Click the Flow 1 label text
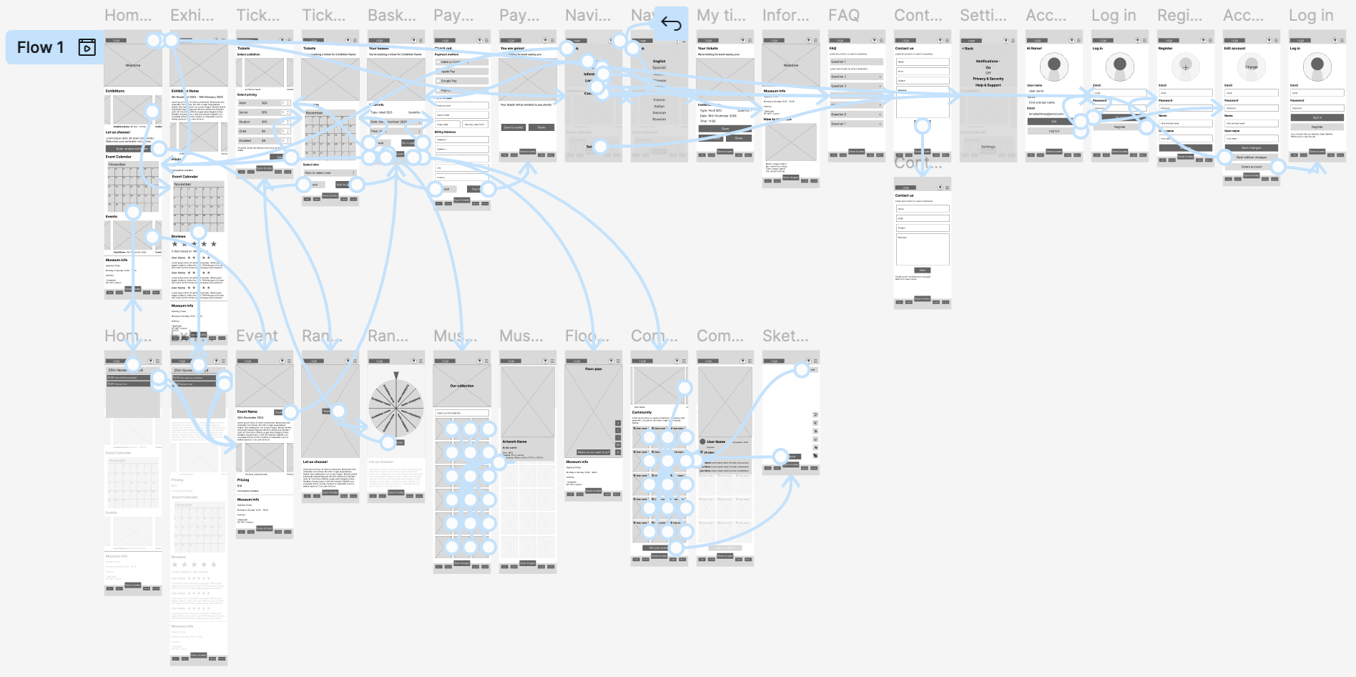pos(40,48)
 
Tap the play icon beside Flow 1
pos(87,47)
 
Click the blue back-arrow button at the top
pos(671,24)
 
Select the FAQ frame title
pos(844,15)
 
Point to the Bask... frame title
pos(391,15)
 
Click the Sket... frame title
pos(785,336)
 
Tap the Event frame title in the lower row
pos(257,336)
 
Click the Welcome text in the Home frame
pos(133,65)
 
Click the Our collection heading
pos(462,386)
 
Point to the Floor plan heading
pos(594,369)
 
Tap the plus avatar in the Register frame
pos(1186,67)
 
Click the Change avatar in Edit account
pos(1252,67)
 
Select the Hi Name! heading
pos(1034,49)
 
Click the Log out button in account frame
pos(1054,131)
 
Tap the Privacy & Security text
pos(988,79)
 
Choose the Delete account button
pos(1252,167)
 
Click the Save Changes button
pos(1252,148)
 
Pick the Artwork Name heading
pos(514,442)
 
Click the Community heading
pos(642,412)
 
